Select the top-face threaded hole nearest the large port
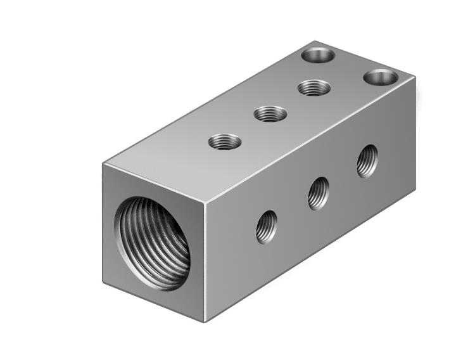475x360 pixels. pyautogui.click(x=225, y=141)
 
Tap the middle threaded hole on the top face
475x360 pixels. pyautogui.click(x=270, y=114)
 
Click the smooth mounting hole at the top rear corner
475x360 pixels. pyautogui.click(x=318, y=55)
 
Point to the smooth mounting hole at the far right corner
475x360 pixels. pyautogui.click(x=381, y=77)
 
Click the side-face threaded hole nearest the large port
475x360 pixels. pyautogui.click(x=267, y=227)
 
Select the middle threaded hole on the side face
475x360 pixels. pyautogui.click(x=319, y=193)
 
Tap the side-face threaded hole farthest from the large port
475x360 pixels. pyautogui.click(x=367, y=161)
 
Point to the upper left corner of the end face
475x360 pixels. pyautogui.click(x=104, y=164)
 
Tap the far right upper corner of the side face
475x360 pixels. pyautogui.click(x=415, y=77)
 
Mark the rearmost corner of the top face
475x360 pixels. pyautogui.click(x=319, y=42)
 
